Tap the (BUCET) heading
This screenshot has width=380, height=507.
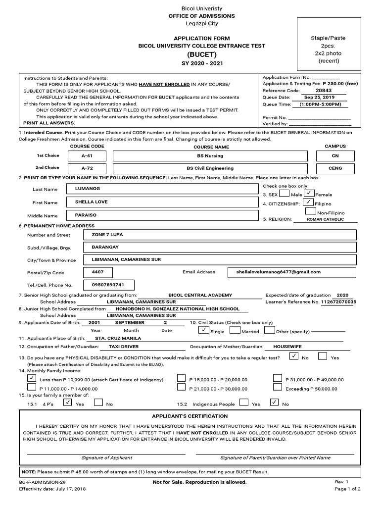point(201,54)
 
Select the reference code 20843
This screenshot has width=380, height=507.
point(324,91)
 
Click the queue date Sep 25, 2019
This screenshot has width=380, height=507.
point(320,98)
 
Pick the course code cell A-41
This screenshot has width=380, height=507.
point(87,155)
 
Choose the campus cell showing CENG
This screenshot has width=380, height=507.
point(335,168)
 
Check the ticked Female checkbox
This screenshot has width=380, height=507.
point(309,193)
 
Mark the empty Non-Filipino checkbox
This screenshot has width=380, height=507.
point(311,211)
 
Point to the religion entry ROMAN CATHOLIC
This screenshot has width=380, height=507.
point(325,219)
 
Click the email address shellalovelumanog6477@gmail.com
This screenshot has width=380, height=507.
point(292,272)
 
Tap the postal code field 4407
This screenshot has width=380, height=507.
point(97,272)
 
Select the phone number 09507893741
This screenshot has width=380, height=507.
point(107,285)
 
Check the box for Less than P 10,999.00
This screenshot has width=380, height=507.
point(32,379)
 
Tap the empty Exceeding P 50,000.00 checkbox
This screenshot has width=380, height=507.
point(278,388)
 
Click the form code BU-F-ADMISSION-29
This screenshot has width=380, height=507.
point(43,482)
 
